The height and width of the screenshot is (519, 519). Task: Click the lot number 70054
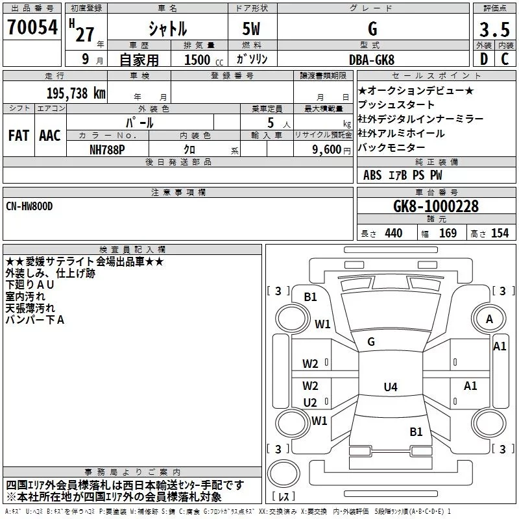point(32,27)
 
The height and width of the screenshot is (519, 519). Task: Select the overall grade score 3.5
point(494,29)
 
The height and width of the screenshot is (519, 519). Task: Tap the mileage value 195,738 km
point(76,93)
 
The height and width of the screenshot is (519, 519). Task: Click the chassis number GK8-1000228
point(436,206)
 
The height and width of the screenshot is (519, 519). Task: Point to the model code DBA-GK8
point(372,60)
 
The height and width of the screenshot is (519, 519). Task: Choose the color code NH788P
point(107,150)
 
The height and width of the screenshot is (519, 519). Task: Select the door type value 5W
point(251,29)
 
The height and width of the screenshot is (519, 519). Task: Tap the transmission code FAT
point(19,136)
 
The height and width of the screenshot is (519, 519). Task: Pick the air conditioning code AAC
point(50,136)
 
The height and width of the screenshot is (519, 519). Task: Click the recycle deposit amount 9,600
point(327,150)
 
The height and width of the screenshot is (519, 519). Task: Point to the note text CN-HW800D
point(29,206)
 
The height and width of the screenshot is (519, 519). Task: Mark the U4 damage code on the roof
point(391,387)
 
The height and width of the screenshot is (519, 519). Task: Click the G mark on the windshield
point(371,342)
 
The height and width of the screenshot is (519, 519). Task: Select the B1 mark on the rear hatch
point(416,431)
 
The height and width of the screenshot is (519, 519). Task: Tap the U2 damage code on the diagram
point(310,402)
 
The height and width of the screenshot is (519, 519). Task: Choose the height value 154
point(500,234)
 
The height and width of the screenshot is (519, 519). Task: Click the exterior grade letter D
point(483,59)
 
